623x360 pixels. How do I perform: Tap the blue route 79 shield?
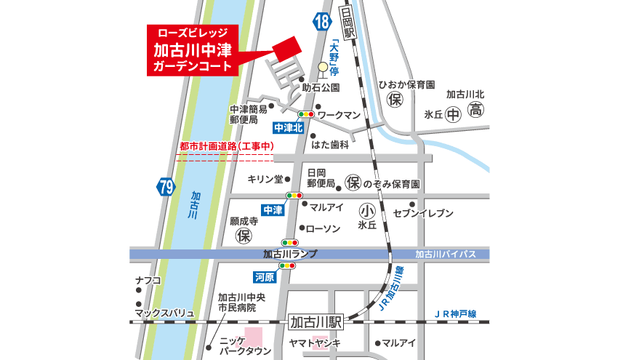[166, 188]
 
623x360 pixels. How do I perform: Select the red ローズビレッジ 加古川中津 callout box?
[193, 50]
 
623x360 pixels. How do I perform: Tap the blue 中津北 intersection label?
[287, 127]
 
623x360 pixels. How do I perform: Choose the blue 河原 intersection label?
[264, 277]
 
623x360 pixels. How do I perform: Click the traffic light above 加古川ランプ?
[290, 242]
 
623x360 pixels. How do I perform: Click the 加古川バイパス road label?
[445, 254]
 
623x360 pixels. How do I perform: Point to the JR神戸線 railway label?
[454, 313]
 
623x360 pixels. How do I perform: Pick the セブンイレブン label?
[423, 213]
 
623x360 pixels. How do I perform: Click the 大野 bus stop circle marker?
[322, 68]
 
